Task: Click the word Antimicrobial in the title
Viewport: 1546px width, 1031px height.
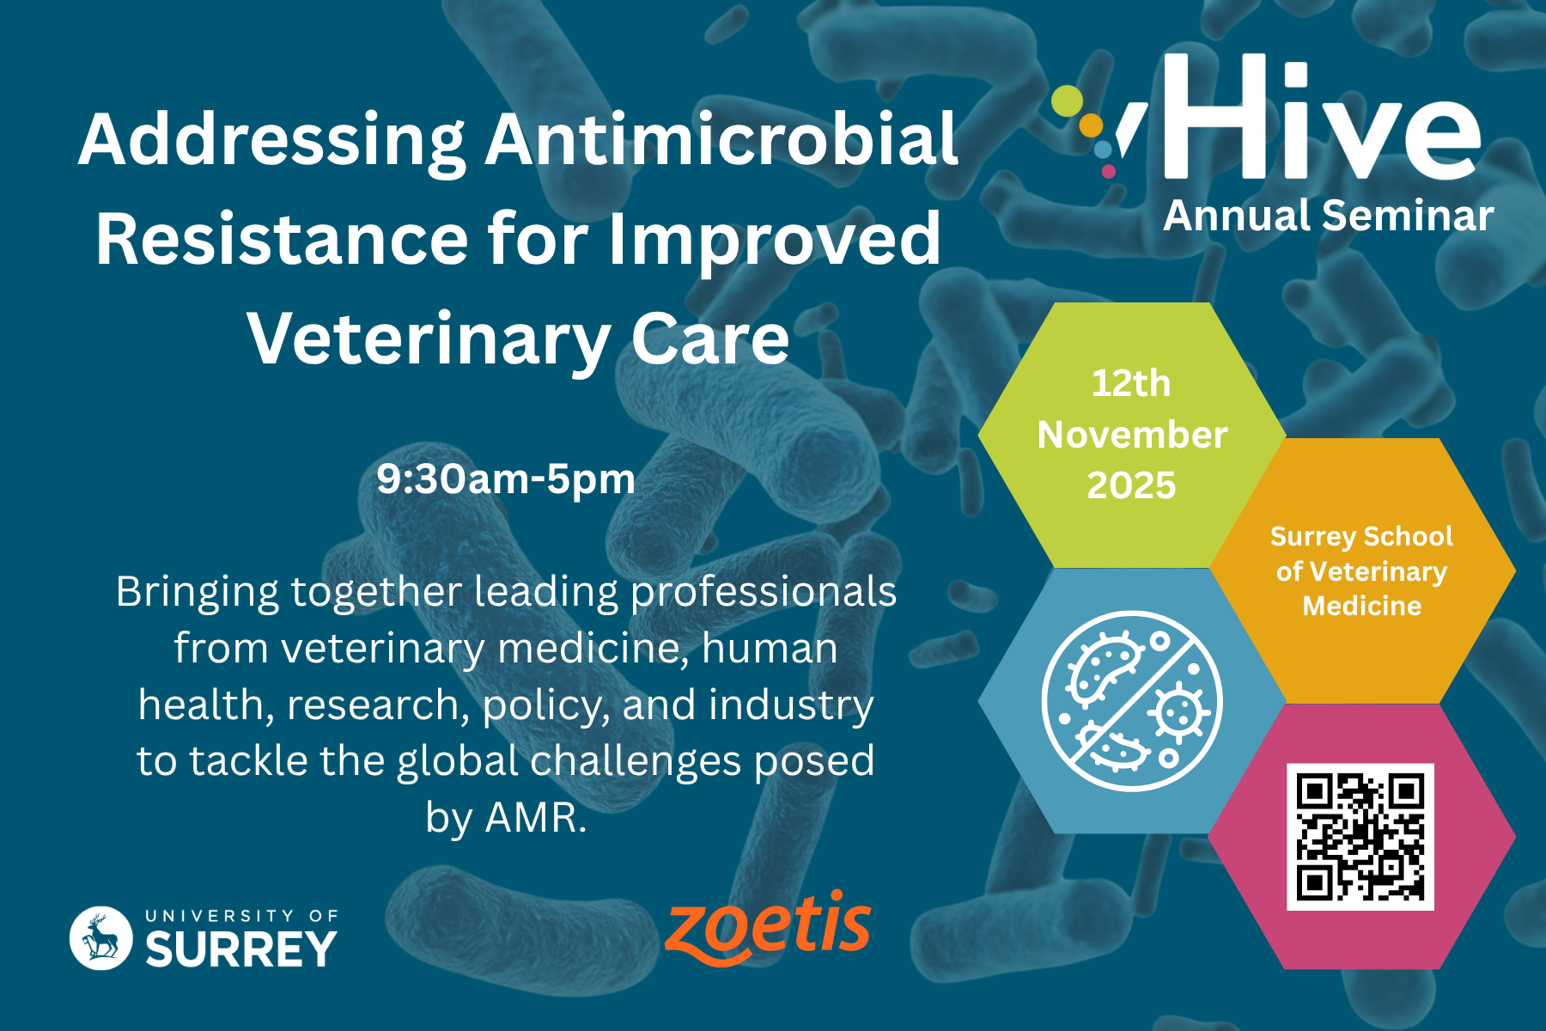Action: (722, 139)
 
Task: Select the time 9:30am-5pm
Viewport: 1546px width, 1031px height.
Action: (506, 479)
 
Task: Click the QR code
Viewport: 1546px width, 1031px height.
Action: (1360, 837)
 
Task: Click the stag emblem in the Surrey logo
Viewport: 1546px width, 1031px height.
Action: (101, 938)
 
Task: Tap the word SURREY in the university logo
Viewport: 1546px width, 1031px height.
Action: (241, 949)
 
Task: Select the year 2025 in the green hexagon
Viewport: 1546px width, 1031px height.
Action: (1131, 485)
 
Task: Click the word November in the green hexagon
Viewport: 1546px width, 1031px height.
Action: (1132, 435)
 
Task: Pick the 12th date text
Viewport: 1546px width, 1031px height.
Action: (1131, 383)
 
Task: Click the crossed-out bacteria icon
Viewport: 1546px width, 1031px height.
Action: (1132, 701)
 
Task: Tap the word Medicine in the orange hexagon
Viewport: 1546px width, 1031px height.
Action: (1362, 606)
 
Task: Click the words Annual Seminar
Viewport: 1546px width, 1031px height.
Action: (1329, 216)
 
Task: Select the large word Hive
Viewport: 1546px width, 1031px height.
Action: (1323, 118)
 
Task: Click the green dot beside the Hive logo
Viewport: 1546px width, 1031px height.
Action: (1068, 101)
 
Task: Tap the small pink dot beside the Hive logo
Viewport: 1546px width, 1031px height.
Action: (1108, 171)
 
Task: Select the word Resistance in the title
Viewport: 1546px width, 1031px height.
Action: (283, 240)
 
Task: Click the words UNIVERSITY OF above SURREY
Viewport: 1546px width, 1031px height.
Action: (241, 916)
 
